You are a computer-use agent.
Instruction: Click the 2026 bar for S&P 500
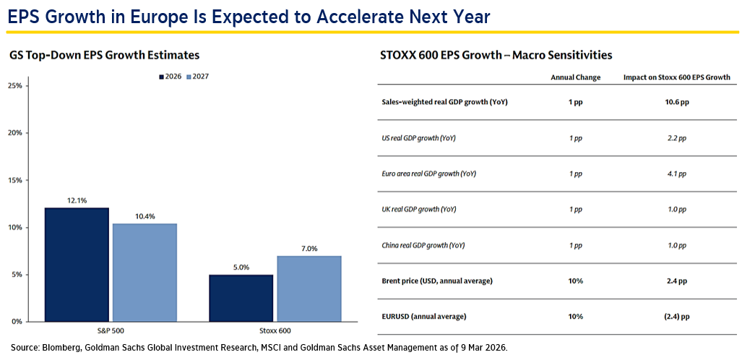(77, 265)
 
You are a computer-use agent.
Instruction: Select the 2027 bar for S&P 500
(144, 273)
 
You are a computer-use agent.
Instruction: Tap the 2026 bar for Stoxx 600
(241, 298)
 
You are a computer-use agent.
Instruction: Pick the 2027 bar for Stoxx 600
(309, 288)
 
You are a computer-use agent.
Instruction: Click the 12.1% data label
(77, 200)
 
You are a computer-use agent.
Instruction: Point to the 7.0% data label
(309, 248)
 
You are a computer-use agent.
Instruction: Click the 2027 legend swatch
(190, 77)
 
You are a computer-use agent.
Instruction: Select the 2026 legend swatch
(162, 77)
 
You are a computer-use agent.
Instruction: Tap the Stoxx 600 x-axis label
(275, 330)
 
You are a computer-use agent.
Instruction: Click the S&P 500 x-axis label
(110, 330)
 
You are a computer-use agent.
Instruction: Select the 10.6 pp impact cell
(676, 102)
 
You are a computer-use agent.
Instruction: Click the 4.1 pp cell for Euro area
(676, 173)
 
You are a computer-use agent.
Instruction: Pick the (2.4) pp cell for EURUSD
(676, 317)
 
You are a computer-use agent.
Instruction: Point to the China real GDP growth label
(423, 245)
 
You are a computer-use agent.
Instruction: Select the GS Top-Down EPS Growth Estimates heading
(105, 55)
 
